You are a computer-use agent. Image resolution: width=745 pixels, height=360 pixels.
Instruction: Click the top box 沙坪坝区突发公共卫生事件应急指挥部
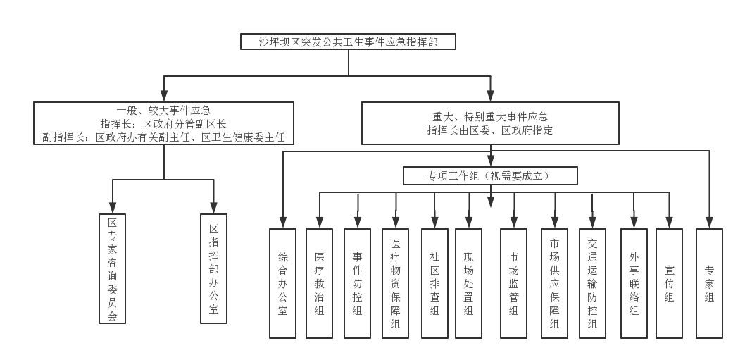coord(349,42)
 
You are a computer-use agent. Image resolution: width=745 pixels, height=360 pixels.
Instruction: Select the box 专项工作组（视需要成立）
coord(490,175)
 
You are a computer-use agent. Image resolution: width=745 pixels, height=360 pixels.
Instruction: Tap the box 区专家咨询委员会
coord(112,268)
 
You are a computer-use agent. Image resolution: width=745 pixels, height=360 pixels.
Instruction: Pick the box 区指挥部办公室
coord(214,268)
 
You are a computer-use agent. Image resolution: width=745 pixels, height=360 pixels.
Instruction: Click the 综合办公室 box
coord(282,283)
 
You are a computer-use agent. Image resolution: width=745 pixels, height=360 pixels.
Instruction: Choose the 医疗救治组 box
coord(319,283)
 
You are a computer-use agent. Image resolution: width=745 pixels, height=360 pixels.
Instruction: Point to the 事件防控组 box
coord(357,283)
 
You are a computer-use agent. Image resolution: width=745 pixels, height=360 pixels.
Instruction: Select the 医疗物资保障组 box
coord(395,283)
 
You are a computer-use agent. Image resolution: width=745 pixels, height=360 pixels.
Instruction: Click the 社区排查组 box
coord(434,283)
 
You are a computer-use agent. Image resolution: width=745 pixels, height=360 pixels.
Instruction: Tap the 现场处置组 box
coord(468,283)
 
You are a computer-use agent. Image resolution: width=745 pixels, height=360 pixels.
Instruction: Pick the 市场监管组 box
coord(513,283)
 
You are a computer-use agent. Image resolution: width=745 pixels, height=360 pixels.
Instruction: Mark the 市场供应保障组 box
coord(554,283)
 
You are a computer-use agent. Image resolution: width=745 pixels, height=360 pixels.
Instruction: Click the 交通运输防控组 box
coord(592,283)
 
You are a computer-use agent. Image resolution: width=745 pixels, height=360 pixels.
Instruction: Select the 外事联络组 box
coord(634,283)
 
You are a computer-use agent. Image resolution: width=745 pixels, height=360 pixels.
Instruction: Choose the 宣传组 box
coord(669,283)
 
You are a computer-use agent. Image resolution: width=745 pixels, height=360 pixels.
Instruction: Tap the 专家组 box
coord(709,283)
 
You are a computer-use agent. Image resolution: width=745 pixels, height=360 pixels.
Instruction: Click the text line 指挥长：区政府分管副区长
coord(163,124)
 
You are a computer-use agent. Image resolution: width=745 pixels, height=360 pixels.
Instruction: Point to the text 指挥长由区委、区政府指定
coord(490,130)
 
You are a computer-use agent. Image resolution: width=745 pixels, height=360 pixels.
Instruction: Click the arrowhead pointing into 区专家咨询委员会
coord(113,207)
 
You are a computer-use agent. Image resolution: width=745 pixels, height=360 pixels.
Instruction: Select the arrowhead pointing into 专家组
coord(709,222)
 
